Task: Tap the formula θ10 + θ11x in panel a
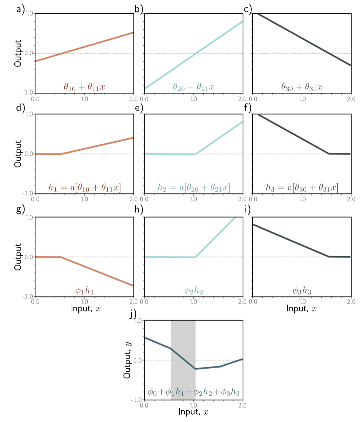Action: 84,87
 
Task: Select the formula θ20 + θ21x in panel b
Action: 193,87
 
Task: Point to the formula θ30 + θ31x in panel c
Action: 302,87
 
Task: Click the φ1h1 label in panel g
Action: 84,291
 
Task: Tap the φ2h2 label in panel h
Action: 193,291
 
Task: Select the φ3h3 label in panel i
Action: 302,291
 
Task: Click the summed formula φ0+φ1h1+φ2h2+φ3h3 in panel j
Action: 193,392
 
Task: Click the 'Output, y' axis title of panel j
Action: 128,360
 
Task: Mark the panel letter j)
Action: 134,314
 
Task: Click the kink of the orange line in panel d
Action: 61,154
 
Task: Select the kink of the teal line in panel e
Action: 196,154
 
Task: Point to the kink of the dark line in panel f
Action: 329,154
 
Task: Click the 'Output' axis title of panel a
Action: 18,53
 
